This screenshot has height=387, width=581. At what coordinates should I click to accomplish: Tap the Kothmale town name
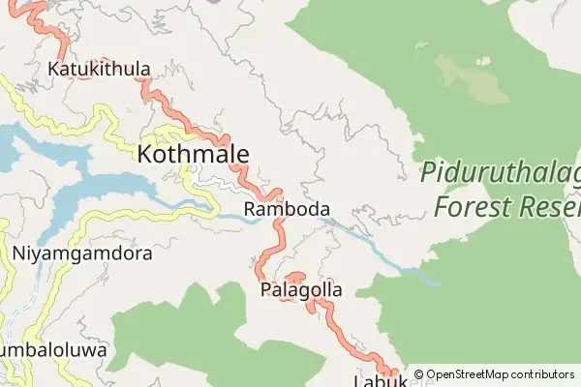point(193,154)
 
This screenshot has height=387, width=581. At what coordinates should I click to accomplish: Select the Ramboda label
point(288,209)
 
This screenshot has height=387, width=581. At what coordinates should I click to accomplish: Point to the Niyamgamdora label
point(82,254)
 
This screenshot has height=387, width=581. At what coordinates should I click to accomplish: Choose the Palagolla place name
point(301,289)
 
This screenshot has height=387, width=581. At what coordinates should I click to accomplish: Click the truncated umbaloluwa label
point(53,349)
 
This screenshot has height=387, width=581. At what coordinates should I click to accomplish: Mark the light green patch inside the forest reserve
point(472,77)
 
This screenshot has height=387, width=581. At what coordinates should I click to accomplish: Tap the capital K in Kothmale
point(146,154)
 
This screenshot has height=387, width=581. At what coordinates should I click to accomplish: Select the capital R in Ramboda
point(251,209)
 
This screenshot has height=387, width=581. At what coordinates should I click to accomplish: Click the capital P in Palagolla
point(266,289)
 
